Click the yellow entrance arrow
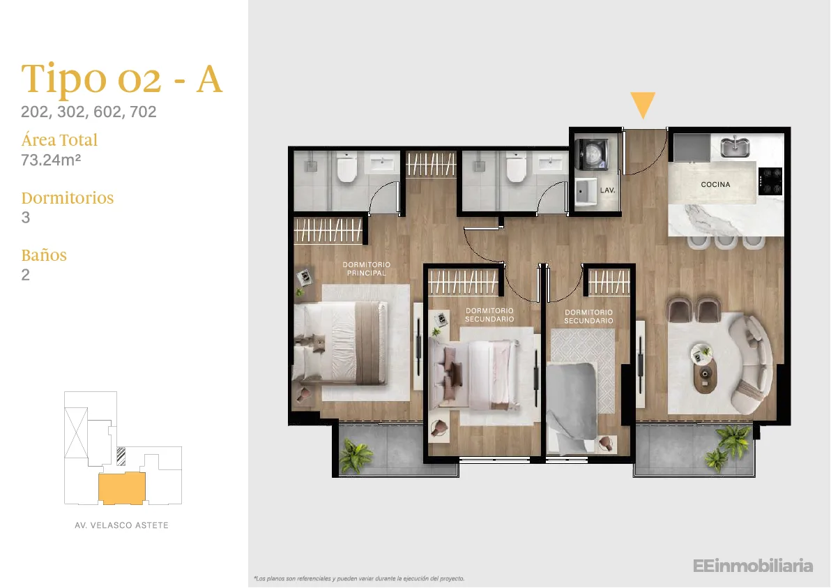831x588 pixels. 643,105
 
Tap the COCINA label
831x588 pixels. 715,185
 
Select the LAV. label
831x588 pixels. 607,190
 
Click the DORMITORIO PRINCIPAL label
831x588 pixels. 366,269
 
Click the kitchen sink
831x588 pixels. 735,147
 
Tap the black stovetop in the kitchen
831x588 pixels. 770,181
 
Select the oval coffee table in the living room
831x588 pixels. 704,375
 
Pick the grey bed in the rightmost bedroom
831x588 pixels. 573,407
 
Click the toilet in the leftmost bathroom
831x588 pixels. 347,167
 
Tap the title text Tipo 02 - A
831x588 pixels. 121,79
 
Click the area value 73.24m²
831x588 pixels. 51,160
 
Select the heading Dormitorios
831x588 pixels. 68,198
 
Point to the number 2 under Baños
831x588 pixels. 25,275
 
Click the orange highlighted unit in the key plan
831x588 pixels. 122,488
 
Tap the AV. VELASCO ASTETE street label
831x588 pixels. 121,525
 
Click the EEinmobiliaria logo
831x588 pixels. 752,566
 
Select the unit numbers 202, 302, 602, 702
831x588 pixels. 89,112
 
